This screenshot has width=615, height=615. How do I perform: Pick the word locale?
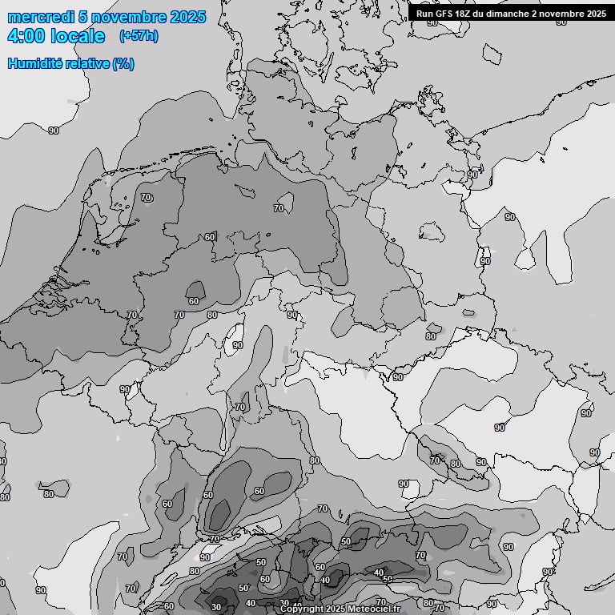78,36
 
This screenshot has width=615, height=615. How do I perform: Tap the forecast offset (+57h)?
138,36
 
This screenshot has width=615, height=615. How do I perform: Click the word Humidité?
34,63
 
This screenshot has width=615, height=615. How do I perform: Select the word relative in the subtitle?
86,63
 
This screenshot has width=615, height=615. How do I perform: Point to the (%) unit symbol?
123,63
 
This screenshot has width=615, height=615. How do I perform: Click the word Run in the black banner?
425,13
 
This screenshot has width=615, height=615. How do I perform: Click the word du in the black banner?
485,13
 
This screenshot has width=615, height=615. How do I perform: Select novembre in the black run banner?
565,13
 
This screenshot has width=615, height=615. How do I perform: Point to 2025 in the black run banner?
597,13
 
